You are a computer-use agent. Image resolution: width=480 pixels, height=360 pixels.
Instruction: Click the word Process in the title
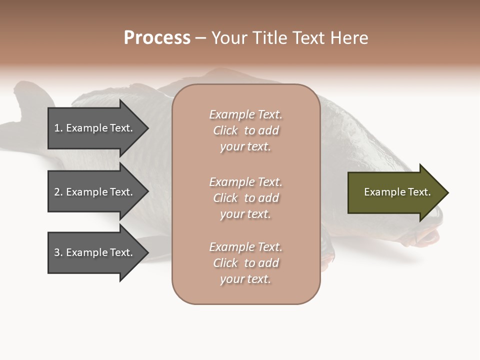(157, 38)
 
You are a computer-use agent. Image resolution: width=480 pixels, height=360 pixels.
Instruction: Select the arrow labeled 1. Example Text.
(95, 128)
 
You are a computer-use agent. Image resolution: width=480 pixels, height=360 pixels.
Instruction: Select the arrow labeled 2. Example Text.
(95, 192)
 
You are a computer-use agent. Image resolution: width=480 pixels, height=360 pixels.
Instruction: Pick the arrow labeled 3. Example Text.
(95, 252)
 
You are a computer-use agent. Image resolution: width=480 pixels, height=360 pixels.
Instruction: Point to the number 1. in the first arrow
(58, 128)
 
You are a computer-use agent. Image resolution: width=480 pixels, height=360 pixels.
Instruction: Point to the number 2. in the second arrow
(58, 192)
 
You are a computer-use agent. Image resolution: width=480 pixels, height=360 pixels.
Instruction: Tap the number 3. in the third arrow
(58, 252)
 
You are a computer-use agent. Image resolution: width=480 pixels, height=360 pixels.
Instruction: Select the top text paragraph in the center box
(245, 130)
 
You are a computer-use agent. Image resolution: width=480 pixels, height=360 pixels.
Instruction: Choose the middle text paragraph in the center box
(245, 198)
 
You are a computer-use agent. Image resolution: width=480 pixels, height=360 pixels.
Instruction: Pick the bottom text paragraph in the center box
(245, 263)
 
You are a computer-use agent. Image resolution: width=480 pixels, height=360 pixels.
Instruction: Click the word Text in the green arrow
(419, 192)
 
